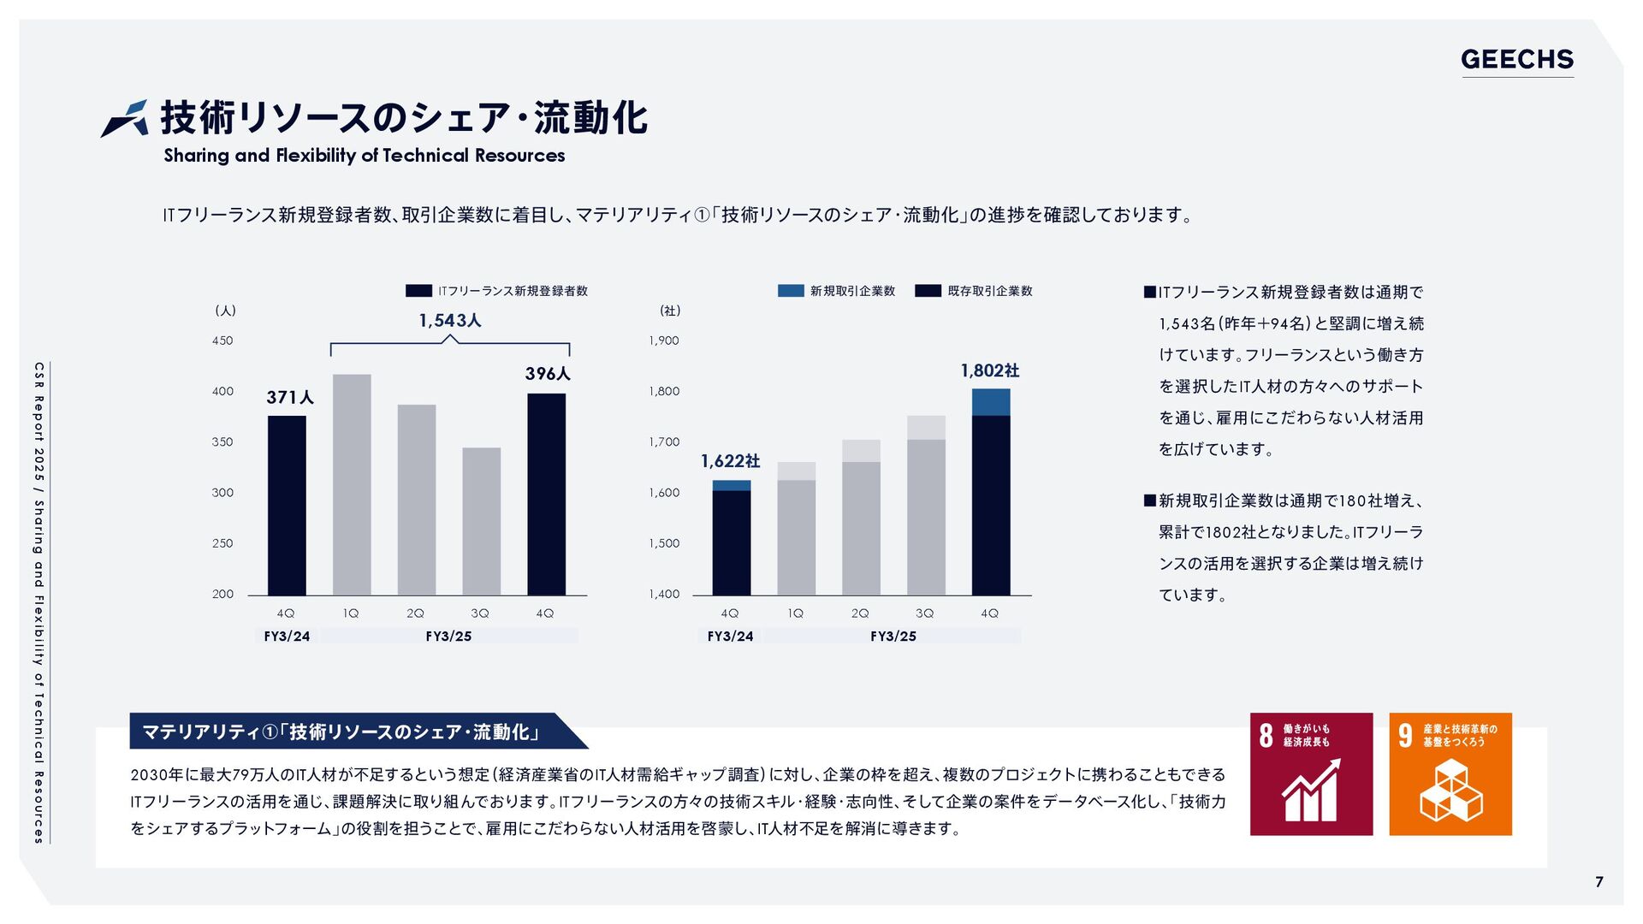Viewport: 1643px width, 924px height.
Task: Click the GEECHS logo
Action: click(x=1516, y=59)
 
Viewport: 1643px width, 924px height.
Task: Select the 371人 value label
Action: click(x=290, y=397)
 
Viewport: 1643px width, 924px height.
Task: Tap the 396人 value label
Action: click(x=548, y=373)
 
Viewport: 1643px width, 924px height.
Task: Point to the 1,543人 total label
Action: click(x=450, y=320)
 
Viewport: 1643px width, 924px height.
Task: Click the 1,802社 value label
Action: click(x=990, y=370)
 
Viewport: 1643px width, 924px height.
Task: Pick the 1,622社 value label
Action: click(x=730, y=461)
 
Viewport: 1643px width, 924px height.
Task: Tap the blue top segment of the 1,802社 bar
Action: click(x=991, y=402)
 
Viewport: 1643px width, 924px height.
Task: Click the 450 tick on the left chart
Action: click(x=222, y=341)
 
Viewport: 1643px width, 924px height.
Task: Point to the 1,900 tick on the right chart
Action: click(x=664, y=341)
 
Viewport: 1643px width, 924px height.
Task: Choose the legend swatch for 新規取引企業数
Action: click(x=791, y=291)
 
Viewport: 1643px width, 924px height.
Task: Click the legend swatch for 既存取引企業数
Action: click(x=928, y=291)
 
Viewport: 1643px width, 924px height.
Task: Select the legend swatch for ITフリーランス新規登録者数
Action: click(x=418, y=291)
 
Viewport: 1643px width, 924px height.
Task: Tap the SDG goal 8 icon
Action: click(x=1311, y=773)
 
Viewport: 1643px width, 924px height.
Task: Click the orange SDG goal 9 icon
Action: click(x=1450, y=773)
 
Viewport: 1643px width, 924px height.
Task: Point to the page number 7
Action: click(x=1599, y=882)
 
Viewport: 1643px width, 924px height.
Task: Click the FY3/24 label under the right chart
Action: click(x=730, y=636)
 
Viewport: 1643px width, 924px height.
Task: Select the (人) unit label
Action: click(x=225, y=311)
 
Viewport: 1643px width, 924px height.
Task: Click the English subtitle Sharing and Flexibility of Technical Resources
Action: click(x=365, y=156)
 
